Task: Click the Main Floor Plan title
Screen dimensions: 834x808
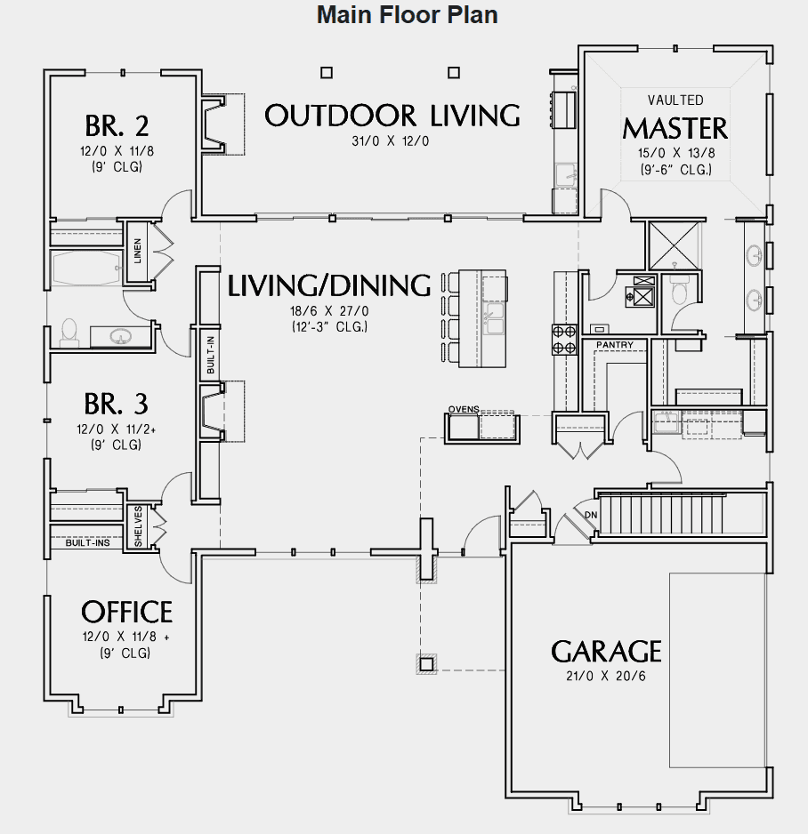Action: pos(407,15)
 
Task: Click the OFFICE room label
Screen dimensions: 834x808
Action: pos(126,612)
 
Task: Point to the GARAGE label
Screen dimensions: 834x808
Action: pos(606,652)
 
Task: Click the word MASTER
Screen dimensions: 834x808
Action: pos(675,128)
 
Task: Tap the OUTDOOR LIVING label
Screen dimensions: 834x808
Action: pos(392,116)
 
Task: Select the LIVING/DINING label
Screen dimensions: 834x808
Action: pos(329,286)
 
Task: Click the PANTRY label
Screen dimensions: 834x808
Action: pos(614,344)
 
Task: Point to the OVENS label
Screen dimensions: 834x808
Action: pos(464,409)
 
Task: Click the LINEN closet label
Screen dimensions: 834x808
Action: pos(138,252)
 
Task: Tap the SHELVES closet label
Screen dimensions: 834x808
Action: pos(138,527)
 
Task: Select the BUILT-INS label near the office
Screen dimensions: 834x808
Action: pos(87,542)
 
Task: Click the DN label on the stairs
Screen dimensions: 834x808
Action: pos(590,515)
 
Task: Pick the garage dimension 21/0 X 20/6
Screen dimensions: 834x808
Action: pos(606,677)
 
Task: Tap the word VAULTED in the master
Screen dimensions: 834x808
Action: pos(675,100)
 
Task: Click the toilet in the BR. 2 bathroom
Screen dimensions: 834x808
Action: pos(69,331)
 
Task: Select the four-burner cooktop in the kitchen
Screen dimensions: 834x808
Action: pos(563,339)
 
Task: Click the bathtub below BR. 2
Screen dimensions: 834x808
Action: pos(85,268)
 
